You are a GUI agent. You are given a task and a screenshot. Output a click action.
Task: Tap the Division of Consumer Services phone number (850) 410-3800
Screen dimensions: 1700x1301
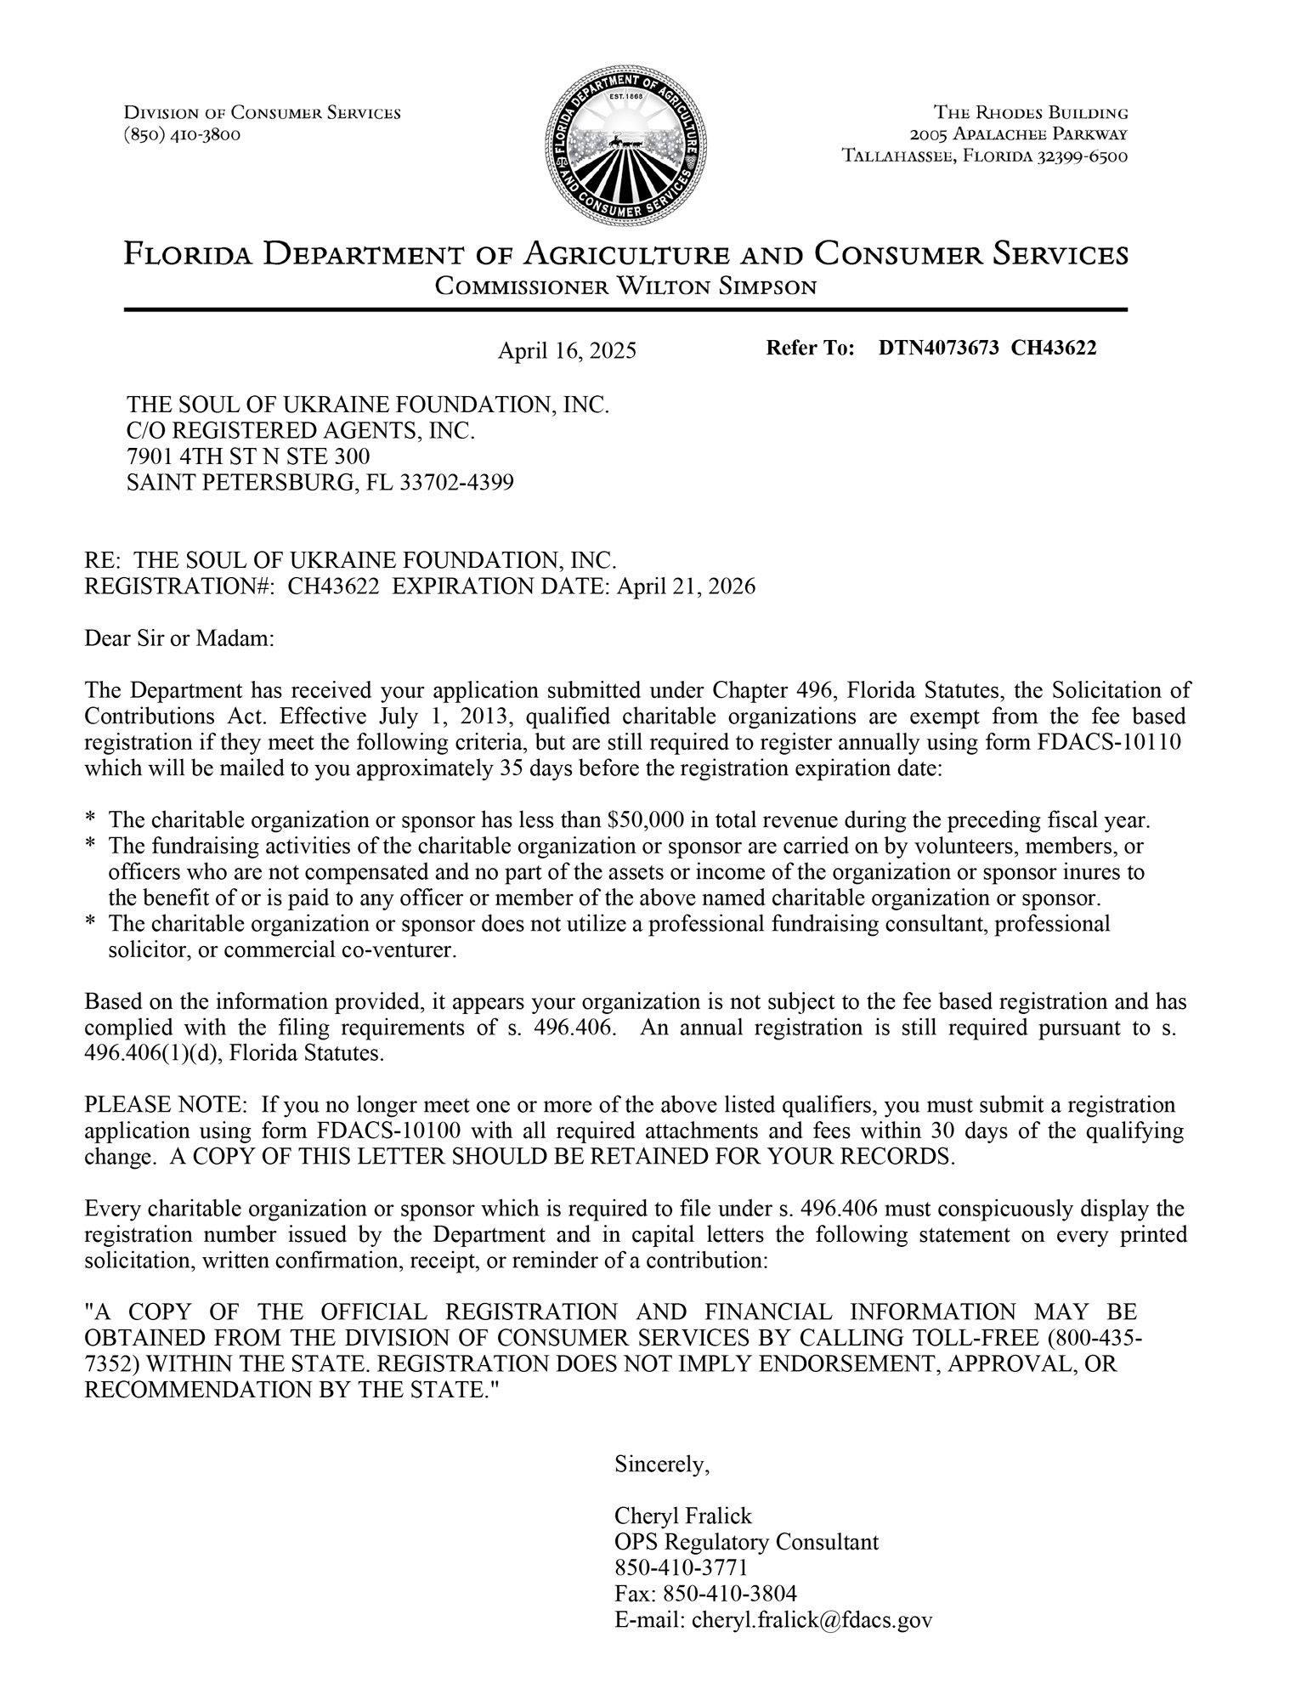[182, 134]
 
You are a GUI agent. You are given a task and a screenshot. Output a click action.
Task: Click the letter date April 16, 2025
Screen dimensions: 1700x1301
[566, 351]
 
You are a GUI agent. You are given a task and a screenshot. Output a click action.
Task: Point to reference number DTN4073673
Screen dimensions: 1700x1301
[938, 348]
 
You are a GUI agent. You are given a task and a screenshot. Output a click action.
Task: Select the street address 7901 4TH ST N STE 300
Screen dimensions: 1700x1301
[248, 456]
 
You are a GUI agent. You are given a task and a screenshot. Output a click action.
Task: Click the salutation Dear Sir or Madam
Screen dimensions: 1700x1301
[179, 637]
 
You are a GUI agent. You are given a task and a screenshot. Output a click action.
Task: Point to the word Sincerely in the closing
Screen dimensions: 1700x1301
[661, 1464]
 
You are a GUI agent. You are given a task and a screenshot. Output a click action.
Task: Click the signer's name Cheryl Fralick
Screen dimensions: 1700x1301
[682, 1516]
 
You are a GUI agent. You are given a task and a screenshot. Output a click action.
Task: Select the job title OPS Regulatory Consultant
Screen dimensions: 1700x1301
[746, 1541]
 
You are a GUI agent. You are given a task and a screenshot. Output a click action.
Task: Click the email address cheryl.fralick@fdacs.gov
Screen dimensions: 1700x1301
[812, 1619]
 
